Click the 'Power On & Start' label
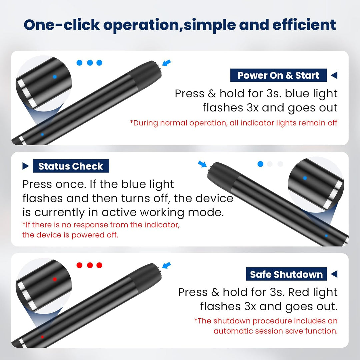278,75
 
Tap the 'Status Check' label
71,166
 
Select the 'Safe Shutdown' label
286,274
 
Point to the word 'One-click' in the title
62,25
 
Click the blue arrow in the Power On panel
166,62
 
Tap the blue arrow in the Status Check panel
202,164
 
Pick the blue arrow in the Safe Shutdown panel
166,265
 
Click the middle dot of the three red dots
90,265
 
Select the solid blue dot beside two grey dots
260,164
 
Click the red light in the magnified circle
55,279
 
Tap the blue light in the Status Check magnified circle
305,178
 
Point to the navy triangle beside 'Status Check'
26,166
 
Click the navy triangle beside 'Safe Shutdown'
334,274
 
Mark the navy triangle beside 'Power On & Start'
334,75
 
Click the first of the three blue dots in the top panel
79,63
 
